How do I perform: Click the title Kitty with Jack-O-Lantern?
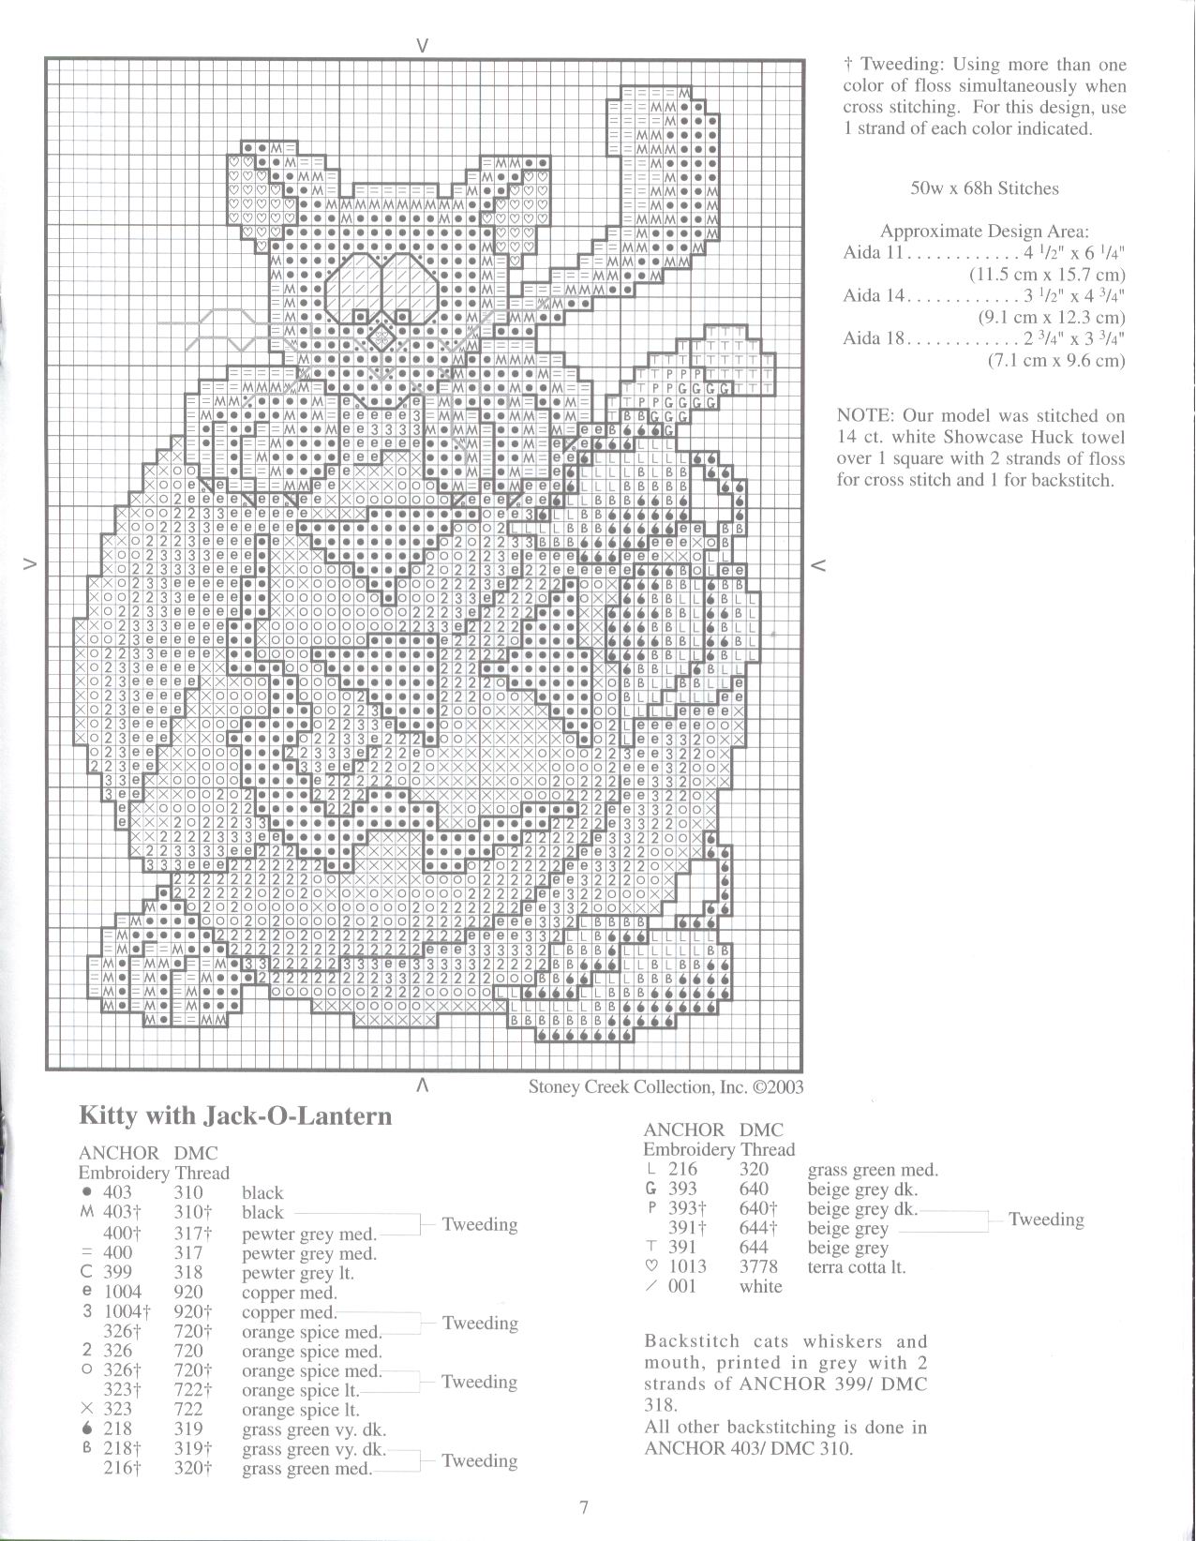click(x=235, y=1115)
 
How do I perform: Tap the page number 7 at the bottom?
click(x=583, y=1508)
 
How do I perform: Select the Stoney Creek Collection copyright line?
click(x=665, y=1086)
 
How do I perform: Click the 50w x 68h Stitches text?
click(x=984, y=188)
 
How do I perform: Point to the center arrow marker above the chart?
click(x=423, y=44)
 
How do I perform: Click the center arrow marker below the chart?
click(x=423, y=1085)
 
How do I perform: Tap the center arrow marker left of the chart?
click(x=30, y=564)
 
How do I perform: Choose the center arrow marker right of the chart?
click(x=817, y=564)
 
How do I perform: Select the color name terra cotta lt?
click(x=857, y=1267)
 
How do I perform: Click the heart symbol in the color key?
click(x=650, y=1266)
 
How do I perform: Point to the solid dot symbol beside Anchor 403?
click(x=87, y=1192)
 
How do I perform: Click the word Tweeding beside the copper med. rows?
click(x=479, y=1323)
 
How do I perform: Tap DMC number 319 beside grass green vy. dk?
click(x=188, y=1429)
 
